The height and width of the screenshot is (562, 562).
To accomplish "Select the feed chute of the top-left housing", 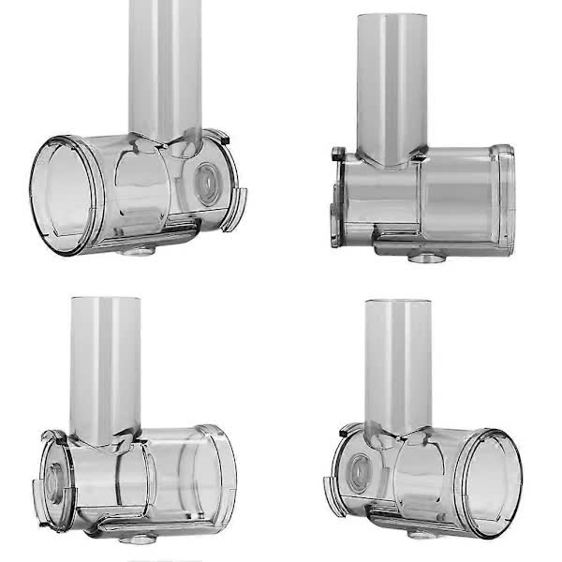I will pyautogui.click(x=166, y=66).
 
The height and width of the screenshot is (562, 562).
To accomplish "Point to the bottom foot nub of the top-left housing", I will pyautogui.click(x=135, y=250).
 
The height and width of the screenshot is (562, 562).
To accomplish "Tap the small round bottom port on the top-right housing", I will pyautogui.click(x=429, y=256).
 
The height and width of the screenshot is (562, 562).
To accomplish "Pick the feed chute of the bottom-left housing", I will pyautogui.click(x=105, y=365).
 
